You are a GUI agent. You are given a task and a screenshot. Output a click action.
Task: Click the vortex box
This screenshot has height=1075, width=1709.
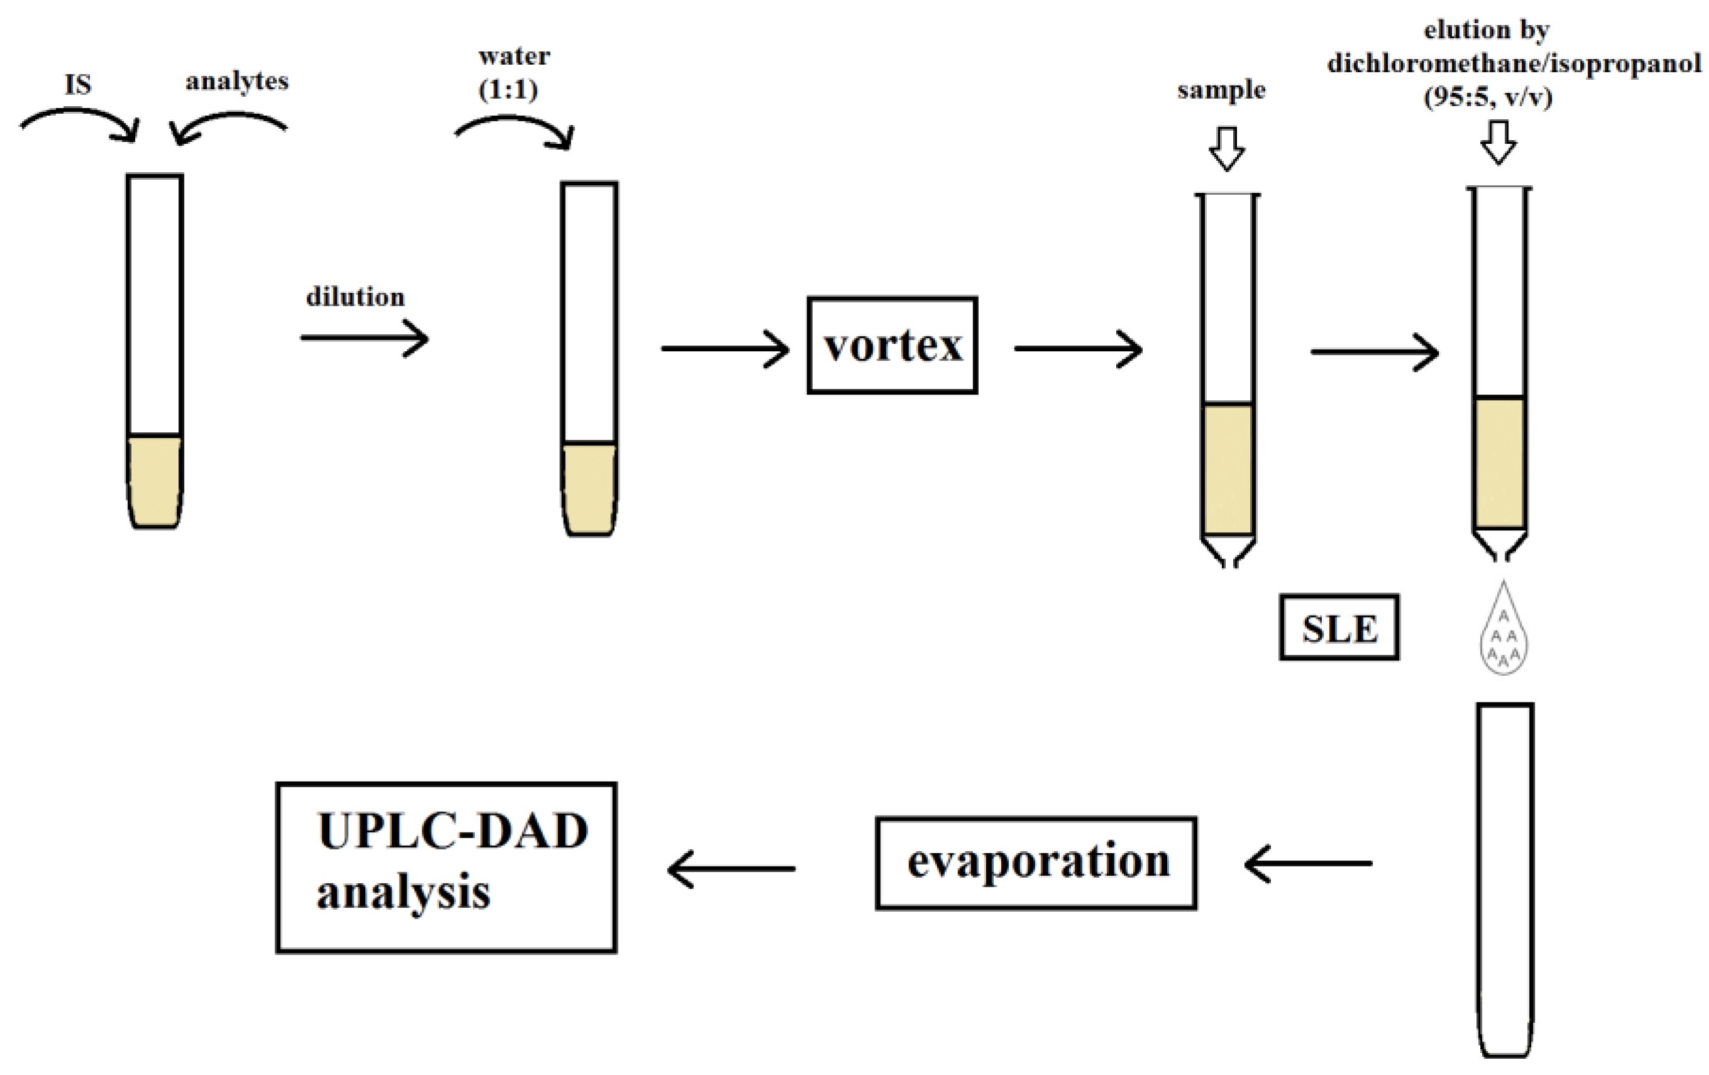click(x=892, y=346)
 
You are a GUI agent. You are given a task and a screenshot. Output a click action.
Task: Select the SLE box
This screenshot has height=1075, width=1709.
click(x=1339, y=628)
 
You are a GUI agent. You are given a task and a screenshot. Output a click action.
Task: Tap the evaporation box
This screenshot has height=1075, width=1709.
click(x=1036, y=863)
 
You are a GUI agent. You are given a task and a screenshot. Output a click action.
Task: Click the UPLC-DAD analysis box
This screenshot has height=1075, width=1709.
click(x=446, y=867)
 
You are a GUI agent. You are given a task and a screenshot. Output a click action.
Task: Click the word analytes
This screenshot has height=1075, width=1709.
click(x=237, y=82)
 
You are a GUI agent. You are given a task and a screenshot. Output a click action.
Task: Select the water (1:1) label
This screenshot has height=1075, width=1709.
click(x=512, y=73)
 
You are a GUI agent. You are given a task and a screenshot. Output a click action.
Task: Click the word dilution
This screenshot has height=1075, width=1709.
click(x=355, y=297)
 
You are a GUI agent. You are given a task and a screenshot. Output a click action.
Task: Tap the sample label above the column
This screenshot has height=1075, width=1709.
click(x=1221, y=90)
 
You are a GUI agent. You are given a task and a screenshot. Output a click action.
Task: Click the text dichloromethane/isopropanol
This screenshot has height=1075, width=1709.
click(x=1514, y=63)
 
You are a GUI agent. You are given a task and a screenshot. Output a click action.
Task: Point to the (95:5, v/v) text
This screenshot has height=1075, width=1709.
click(x=1488, y=97)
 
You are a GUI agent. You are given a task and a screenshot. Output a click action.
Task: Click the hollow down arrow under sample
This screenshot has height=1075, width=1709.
click(x=1226, y=148)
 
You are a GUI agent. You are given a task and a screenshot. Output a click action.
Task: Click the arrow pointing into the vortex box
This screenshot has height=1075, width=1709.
click(x=725, y=349)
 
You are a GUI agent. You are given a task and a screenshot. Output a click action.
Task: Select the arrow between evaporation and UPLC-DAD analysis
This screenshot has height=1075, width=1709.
click(x=731, y=868)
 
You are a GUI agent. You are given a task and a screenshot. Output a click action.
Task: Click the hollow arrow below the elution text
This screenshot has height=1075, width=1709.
click(x=1498, y=143)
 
